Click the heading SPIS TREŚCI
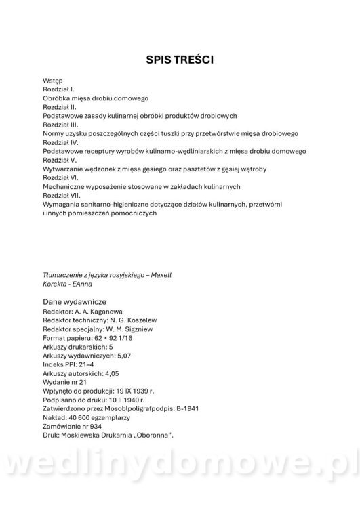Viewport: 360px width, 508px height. click(180, 60)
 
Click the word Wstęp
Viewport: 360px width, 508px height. click(52, 80)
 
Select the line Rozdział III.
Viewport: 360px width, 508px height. click(61, 125)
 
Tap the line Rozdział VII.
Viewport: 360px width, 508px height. click(62, 195)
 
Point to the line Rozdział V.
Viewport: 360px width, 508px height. click(60, 160)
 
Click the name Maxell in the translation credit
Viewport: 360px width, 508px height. click(161, 276)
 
